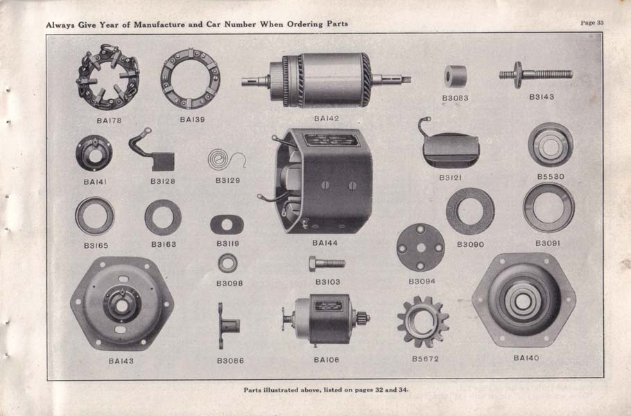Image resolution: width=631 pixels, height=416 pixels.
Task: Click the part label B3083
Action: [x=455, y=98]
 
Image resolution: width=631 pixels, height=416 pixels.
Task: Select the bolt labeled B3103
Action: [x=327, y=263]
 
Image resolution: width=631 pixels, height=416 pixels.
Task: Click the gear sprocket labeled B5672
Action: [x=423, y=322]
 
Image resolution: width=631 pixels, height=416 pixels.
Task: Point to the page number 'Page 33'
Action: [x=592, y=22]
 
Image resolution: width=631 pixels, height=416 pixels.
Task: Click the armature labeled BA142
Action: [x=326, y=80]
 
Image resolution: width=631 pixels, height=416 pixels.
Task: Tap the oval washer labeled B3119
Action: [x=227, y=225]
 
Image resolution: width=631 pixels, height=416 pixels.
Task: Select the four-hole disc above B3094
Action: [x=420, y=248]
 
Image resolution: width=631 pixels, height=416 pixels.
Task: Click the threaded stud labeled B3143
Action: [x=535, y=74]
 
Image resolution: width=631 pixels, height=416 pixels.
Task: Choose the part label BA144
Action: [x=325, y=243]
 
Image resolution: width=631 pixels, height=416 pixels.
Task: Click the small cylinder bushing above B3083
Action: [x=456, y=76]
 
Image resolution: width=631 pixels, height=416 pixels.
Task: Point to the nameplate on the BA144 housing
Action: [x=331, y=140]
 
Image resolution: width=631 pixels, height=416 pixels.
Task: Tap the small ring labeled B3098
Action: [x=227, y=263]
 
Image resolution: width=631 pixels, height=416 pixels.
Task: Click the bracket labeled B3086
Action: [x=228, y=325]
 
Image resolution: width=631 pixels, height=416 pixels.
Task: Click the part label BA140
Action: [x=526, y=358]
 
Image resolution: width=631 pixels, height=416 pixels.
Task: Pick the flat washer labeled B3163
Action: [x=163, y=217]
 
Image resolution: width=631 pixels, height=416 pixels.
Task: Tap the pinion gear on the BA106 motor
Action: [x=363, y=319]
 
